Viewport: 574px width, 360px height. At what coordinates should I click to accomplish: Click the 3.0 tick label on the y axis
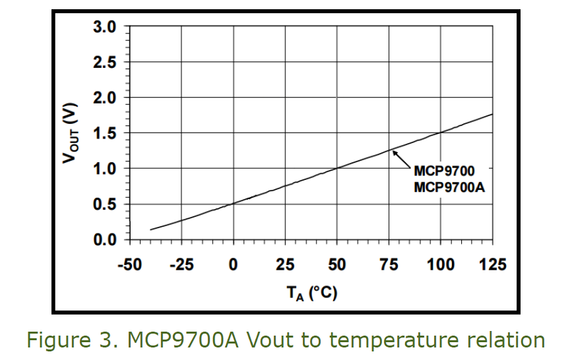click(104, 28)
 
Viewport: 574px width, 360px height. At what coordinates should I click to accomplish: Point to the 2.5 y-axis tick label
click(104, 63)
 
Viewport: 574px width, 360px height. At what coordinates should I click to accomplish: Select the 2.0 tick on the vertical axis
click(104, 98)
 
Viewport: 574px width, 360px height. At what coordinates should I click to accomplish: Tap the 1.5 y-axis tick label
click(104, 134)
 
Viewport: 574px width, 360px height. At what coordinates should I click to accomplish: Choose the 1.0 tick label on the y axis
click(104, 169)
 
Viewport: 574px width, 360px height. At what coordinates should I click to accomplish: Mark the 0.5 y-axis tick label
click(104, 204)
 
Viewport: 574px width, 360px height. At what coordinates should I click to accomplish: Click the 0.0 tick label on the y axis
click(104, 239)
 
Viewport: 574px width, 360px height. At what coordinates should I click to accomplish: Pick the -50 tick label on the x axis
click(129, 265)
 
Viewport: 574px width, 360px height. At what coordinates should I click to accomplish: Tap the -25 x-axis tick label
click(181, 265)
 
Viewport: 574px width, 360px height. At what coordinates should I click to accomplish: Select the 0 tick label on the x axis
click(233, 265)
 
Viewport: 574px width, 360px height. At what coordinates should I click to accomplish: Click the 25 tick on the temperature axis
click(285, 265)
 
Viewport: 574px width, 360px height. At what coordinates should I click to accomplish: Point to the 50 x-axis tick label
click(337, 265)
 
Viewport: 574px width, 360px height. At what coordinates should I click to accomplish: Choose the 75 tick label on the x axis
click(389, 265)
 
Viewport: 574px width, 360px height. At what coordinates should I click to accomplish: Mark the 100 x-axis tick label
click(441, 265)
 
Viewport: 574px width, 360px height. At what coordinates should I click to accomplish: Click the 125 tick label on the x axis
click(492, 265)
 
